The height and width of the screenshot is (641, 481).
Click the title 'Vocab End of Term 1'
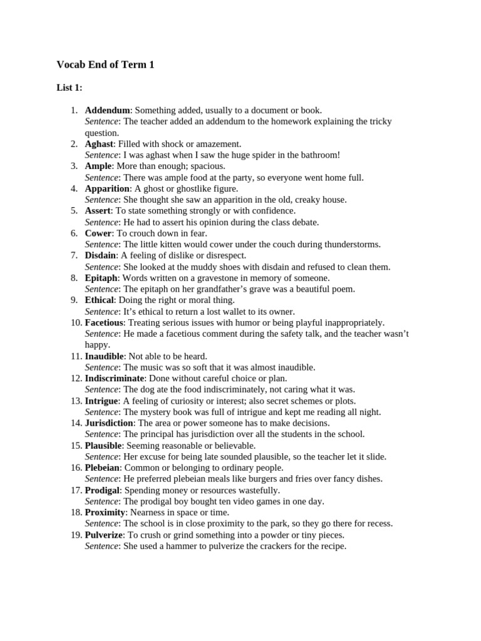(x=105, y=64)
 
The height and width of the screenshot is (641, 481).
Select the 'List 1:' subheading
(x=70, y=88)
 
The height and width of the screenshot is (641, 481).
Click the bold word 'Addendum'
(x=107, y=110)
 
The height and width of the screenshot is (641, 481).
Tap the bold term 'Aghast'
(x=99, y=144)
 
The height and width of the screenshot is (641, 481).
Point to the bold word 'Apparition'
(x=107, y=188)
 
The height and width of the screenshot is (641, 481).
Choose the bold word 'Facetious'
(x=104, y=323)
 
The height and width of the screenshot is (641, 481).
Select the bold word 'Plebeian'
(x=103, y=468)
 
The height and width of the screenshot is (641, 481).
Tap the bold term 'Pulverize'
(x=105, y=535)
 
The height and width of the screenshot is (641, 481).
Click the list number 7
(x=73, y=255)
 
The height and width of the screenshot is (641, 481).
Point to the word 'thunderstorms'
(x=351, y=245)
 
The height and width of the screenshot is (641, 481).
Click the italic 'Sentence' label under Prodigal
(x=101, y=501)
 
